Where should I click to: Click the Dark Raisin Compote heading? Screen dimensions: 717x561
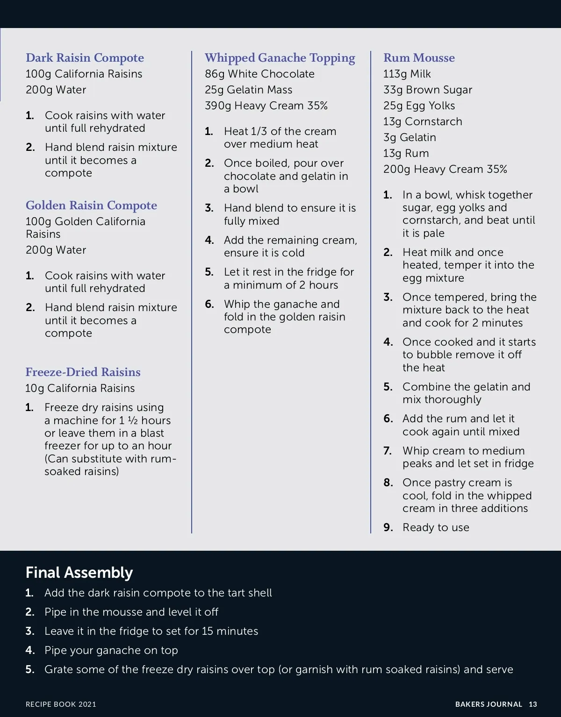point(85,58)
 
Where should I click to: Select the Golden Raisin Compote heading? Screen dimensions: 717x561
point(91,206)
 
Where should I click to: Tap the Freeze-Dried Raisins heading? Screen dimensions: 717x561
point(83,372)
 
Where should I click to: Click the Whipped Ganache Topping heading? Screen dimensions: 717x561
point(280,58)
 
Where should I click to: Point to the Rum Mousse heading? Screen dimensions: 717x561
point(419,58)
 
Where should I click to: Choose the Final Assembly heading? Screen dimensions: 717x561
point(79,573)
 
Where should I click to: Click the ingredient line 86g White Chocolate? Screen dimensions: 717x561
point(259,74)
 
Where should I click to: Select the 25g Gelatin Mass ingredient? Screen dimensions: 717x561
point(248,90)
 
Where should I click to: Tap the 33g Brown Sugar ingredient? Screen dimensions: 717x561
point(428,90)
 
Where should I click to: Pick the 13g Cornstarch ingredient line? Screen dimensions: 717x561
point(423,121)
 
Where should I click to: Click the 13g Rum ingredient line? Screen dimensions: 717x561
point(406,153)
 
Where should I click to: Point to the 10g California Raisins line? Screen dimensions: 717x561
point(80,388)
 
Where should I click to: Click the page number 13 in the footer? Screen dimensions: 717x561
point(533,704)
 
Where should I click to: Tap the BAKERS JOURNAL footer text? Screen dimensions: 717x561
point(489,704)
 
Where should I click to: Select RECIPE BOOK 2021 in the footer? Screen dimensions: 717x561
point(61,704)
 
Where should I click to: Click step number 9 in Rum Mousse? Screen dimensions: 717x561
point(388,527)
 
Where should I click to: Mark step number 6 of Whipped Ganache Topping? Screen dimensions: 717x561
point(209,304)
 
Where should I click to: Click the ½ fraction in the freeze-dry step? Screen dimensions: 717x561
point(132,420)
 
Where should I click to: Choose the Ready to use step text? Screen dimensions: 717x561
point(436,527)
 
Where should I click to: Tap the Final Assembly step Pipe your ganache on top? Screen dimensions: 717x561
point(111,650)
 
